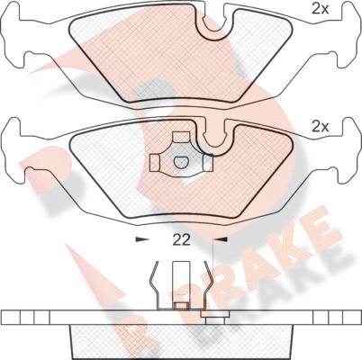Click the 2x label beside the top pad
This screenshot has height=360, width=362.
click(321, 10)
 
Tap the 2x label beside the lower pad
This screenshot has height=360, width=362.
click(321, 128)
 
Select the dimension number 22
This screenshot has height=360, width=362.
click(181, 239)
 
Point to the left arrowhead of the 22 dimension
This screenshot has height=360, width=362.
click(142, 239)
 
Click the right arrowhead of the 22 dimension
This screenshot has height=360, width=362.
click(221, 239)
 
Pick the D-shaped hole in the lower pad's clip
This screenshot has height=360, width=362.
click(181, 162)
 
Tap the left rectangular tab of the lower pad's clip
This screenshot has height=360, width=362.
click(155, 164)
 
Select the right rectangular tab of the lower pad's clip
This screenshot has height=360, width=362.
click(208, 163)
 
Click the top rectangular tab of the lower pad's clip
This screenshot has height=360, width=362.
click(181, 138)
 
